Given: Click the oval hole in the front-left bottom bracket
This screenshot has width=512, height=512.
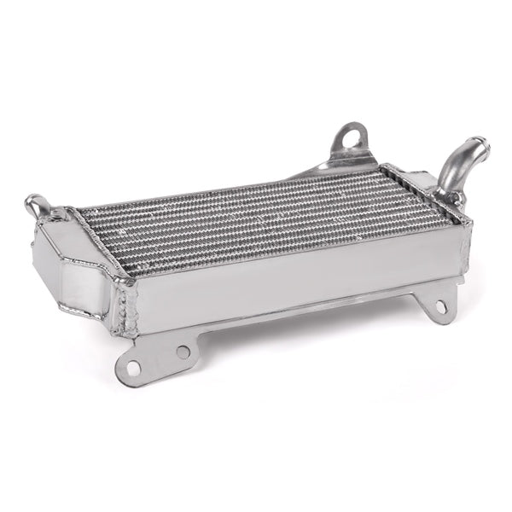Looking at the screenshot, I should pos(132,368).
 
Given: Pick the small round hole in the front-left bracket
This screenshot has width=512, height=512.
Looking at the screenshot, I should pos(183,351).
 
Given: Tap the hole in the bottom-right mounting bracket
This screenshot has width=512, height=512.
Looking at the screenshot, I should pos(440,305).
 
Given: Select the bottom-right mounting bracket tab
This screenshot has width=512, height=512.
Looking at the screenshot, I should pos(433,303).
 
